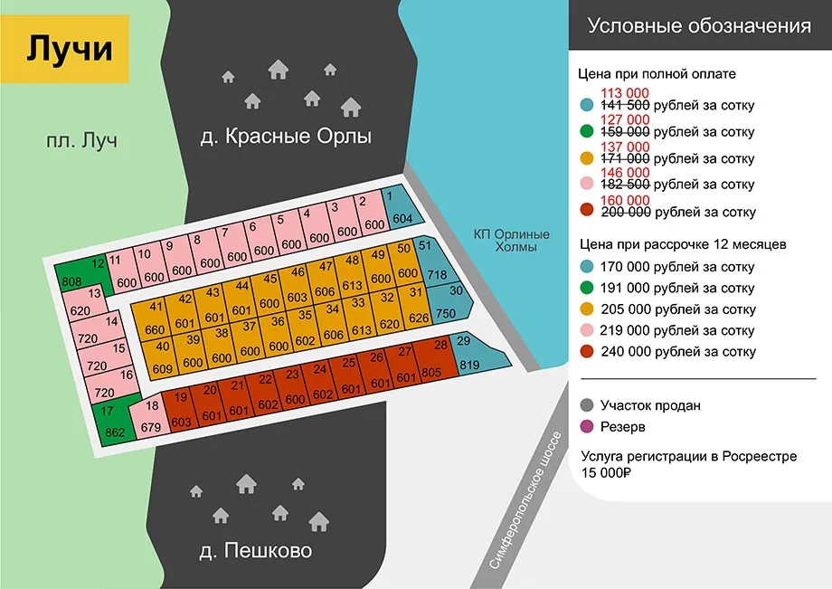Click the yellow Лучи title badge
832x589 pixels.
(x=69, y=49)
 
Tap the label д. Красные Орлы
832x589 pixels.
(x=286, y=138)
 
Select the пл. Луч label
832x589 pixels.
(x=83, y=141)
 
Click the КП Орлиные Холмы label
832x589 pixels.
(x=511, y=240)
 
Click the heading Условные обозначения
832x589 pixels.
(x=699, y=25)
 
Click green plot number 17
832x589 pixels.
(x=112, y=422)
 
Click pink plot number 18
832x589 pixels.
(x=150, y=417)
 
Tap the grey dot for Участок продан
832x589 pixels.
(x=589, y=406)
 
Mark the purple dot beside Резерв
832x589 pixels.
(x=589, y=427)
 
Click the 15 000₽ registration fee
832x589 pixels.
(x=605, y=472)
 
